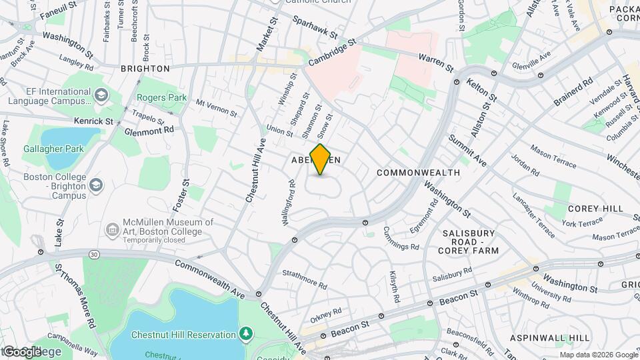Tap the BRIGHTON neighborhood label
[145, 69]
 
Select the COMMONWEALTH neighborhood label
[418, 173]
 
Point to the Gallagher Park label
[53, 149]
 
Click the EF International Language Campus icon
[101, 95]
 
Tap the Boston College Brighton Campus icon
[97, 184]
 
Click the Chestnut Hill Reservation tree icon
[247, 333]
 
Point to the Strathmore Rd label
[305, 279]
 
